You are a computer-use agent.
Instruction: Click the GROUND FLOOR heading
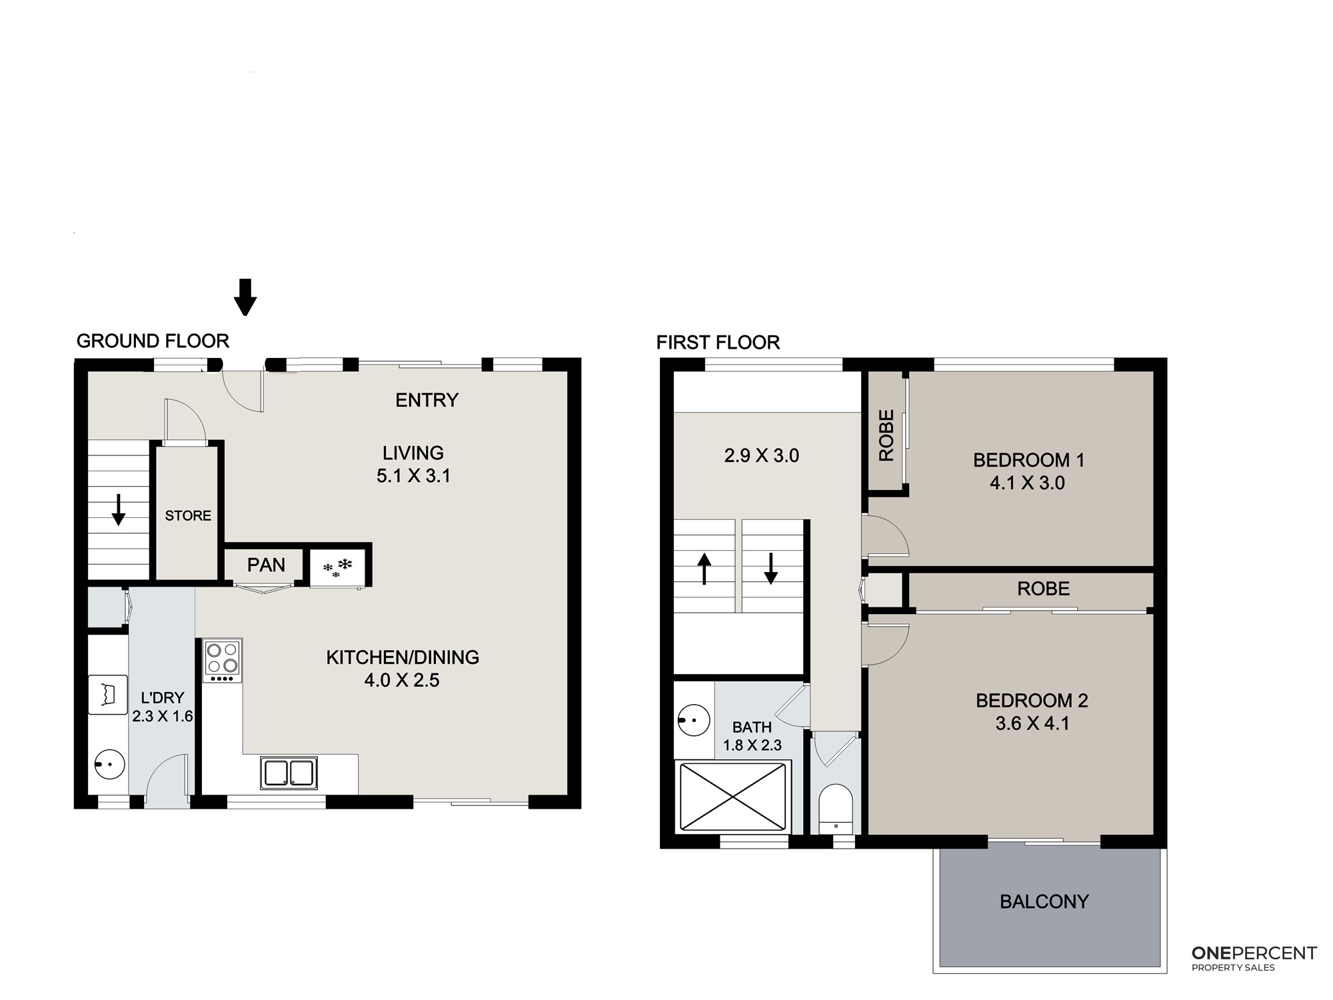(x=153, y=341)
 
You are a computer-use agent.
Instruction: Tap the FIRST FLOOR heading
(x=718, y=343)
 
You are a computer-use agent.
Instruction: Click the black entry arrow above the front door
(x=245, y=297)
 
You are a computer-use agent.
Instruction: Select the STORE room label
(x=188, y=515)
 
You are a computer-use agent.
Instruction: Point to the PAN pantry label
(x=266, y=565)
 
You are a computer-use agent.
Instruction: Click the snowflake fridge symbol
(x=337, y=568)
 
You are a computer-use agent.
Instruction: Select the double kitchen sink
(x=289, y=773)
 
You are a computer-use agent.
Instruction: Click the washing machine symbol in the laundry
(x=108, y=695)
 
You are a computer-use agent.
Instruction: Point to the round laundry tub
(x=109, y=764)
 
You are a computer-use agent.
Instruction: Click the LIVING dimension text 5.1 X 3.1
(x=413, y=476)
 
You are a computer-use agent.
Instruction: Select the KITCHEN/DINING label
(x=403, y=657)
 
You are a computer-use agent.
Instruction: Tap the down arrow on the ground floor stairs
(x=118, y=509)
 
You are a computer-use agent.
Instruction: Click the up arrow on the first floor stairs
(x=704, y=570)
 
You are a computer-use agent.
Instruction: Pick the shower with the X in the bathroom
(x=732, y=797)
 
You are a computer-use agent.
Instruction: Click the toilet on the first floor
(x=836, y=809)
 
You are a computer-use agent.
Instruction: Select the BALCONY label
(x=1044, y=902)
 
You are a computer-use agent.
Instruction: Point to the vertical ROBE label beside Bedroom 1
(x=886, y=435)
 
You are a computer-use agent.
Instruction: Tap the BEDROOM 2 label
(x=1032, y=701)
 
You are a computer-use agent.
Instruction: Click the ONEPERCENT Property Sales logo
(x=1254, y=958)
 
